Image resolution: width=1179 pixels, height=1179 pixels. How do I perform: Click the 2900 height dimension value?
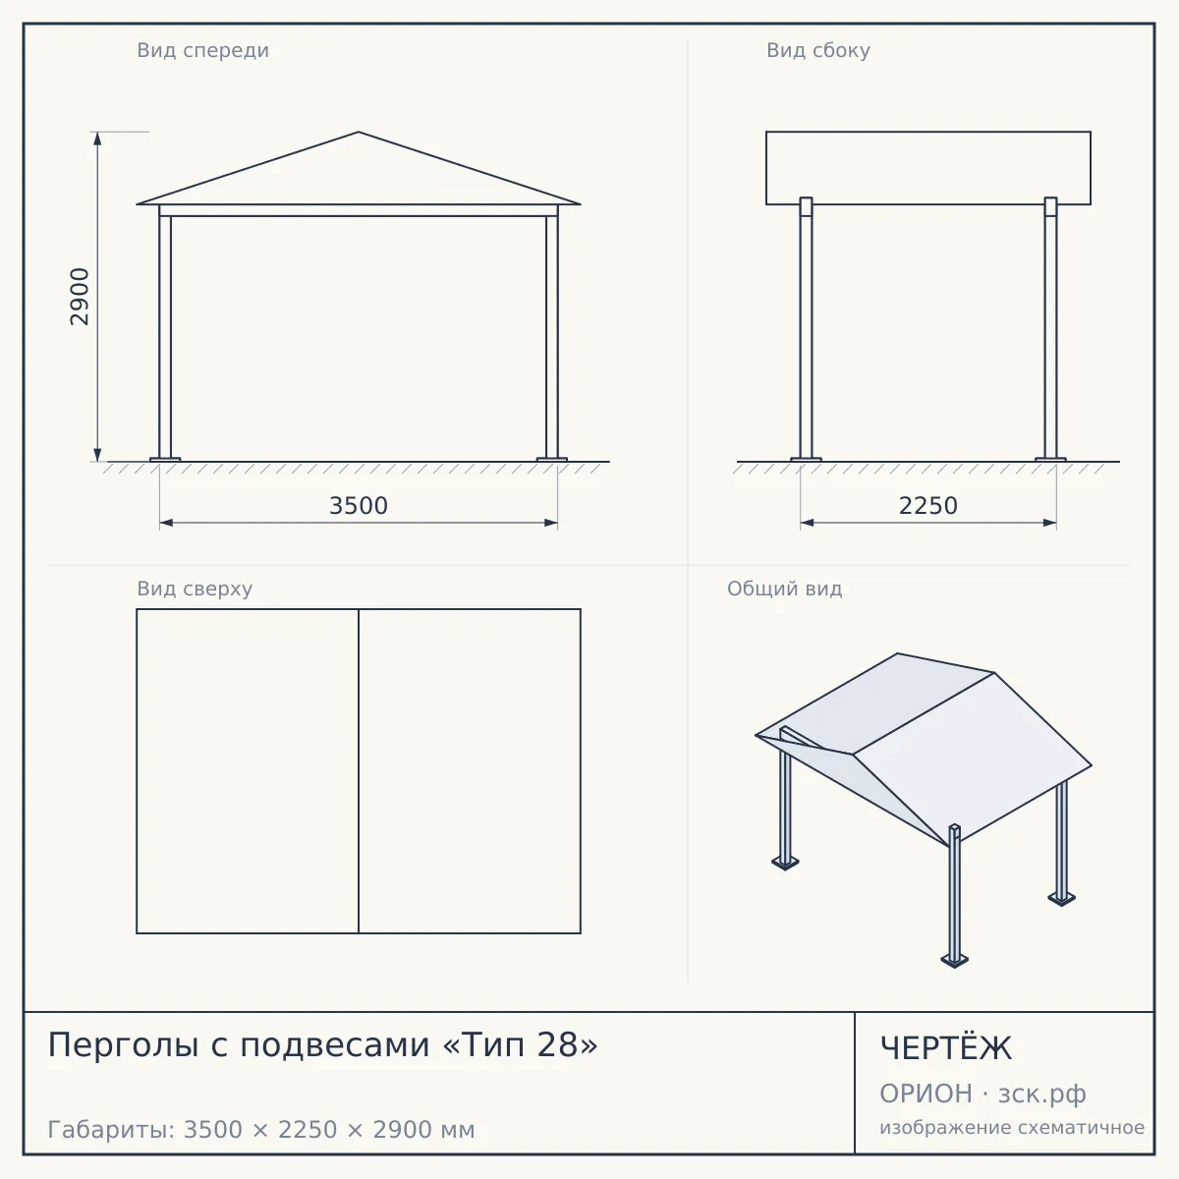81,297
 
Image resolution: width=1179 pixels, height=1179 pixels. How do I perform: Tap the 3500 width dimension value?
359,506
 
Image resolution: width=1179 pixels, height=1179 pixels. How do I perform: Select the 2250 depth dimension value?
928,506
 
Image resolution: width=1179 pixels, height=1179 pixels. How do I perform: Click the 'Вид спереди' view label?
203,50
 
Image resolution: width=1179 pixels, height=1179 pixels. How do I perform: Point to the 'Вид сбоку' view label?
818,50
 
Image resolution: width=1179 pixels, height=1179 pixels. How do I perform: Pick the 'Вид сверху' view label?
195,589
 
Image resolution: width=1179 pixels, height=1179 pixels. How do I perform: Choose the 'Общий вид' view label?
784,589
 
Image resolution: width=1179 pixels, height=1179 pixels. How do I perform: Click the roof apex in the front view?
359,132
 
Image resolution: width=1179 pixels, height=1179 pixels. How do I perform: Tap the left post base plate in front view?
165,459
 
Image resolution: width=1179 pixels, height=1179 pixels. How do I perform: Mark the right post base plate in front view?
552,459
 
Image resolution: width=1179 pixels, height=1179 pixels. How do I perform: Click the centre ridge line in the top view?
359,771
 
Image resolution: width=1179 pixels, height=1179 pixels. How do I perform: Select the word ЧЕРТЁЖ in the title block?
946,1048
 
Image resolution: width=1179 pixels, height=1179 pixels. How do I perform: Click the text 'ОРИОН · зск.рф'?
982,1094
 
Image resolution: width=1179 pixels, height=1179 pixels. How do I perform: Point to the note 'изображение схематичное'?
1012,1127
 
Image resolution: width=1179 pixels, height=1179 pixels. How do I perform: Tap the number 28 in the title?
557,1044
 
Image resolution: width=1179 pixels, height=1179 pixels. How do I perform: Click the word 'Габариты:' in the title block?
111,1130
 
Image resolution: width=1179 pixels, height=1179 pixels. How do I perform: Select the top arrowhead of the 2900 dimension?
97,139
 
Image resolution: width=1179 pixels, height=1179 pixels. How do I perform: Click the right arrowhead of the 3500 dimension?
550,523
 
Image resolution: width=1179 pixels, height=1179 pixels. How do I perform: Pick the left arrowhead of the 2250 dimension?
807,523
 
